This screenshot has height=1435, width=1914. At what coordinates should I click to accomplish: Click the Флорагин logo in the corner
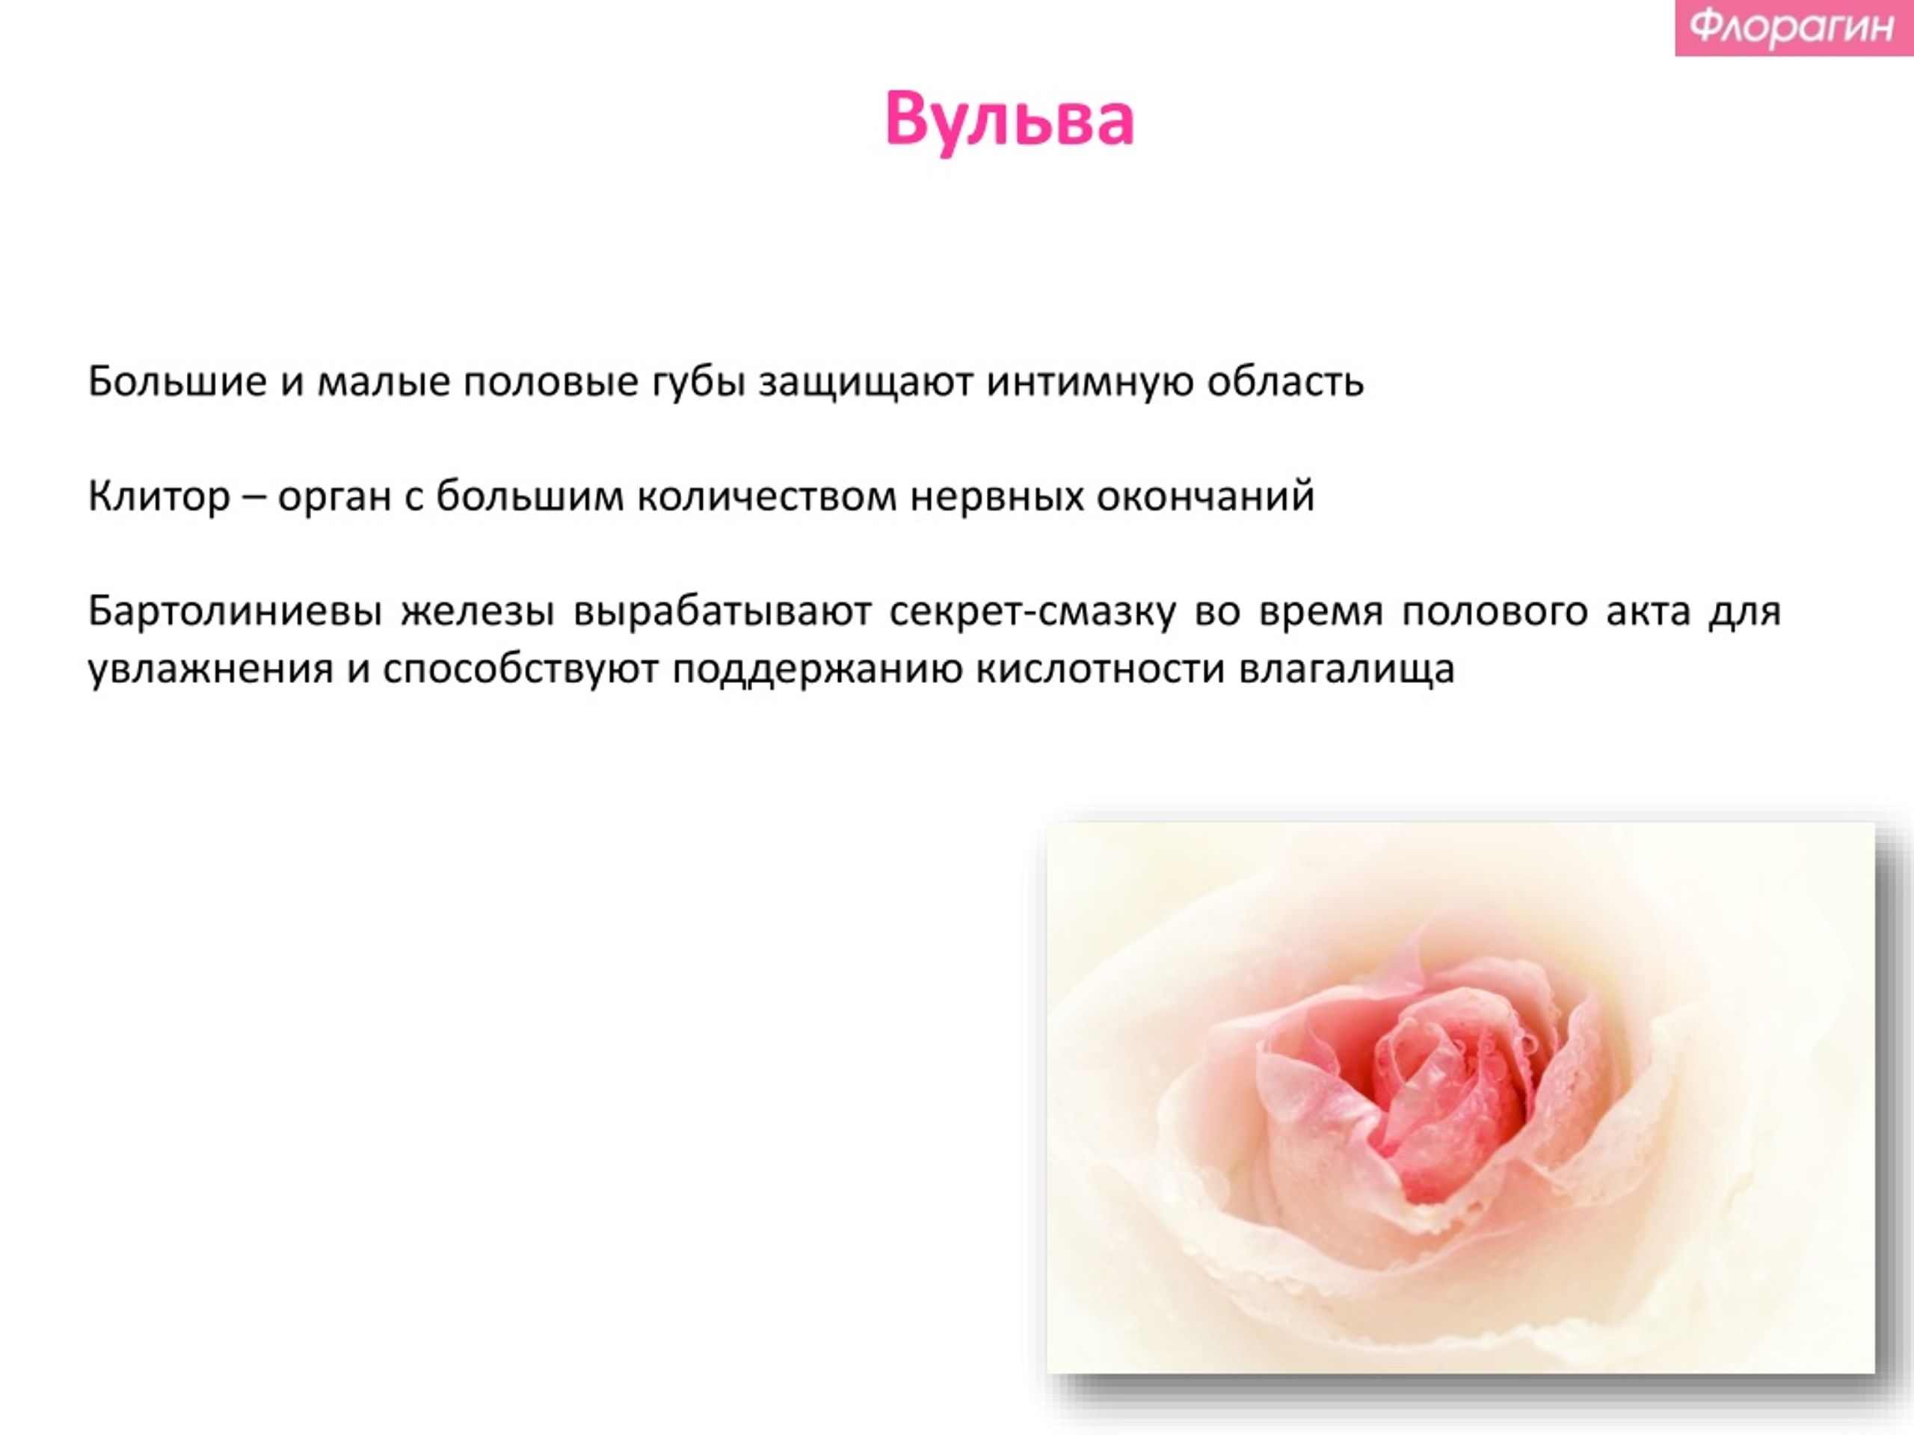[1794, 27]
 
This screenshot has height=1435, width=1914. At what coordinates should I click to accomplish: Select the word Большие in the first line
[177, 380]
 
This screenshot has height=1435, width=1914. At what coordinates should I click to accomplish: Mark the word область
[1286, 381]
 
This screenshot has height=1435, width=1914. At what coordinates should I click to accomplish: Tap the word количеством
[766, 496]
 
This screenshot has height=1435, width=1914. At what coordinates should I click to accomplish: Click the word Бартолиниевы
[236, 611]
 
